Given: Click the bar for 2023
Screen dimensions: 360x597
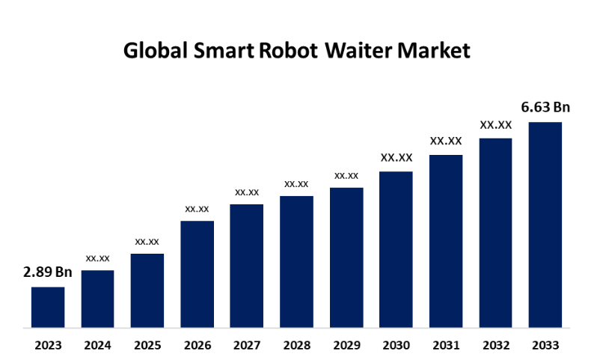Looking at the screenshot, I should pyautogui.click(x=48, y=307).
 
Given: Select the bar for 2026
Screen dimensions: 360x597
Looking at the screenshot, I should pyautogui.click(x=198, y=274).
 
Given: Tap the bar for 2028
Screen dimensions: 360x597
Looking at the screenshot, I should pyautogui.click(x=296, y=261).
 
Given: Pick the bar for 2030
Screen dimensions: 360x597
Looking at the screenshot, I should pyautogui.click(x=396, y=249).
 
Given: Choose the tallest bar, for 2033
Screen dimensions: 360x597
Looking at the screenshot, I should pyautogui.click(x=545, y=225).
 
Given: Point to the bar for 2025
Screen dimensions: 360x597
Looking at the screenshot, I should pyautogui.click(x=147, y=290).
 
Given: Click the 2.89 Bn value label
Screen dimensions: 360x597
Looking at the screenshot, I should pyautogui.click(x=48, y=272).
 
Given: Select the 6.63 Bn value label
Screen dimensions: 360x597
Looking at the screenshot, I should pyautogui.click(x=545, y=107).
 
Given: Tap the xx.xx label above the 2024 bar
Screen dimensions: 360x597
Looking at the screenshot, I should pyautogui.click(x=98, y=257).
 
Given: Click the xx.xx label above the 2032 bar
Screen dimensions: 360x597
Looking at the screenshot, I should pyautogui.click(x=496, y=124).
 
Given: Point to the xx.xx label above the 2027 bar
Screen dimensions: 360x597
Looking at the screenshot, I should pyautogui.click(x=247, y=192).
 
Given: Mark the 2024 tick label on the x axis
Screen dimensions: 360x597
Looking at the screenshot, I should pyautogui.click(x=98, y=345).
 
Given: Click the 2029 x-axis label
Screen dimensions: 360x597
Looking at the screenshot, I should pyautogui.click(x=346, y=345).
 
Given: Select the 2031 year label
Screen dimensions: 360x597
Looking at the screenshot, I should pyautogui.click(x=446, y=345).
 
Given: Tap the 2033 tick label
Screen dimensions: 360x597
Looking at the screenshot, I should pyautogui.click(x=545, y=345).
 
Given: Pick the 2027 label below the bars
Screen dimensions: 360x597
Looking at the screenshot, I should pyautogui.click(x=247, y=345).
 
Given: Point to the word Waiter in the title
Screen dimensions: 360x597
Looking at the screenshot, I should pyautogui.click(x=362, y=51).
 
